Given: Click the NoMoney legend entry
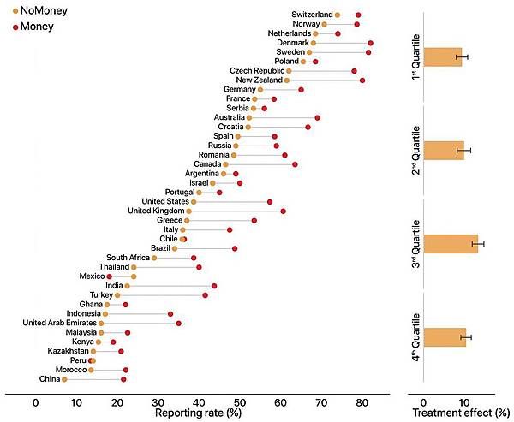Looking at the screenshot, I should (37, 9).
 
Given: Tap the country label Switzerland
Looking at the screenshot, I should (312, 15).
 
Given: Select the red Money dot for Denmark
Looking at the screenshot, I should (370, 43).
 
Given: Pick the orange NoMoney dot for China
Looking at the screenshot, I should (64, 378).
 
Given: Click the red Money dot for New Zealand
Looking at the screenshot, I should (362, 80).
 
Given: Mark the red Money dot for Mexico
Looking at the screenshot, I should (109, 276).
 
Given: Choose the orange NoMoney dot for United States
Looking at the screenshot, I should (193, 202).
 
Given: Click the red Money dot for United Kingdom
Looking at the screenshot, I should (283, 211).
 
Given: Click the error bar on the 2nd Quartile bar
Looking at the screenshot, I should (463, 151).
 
